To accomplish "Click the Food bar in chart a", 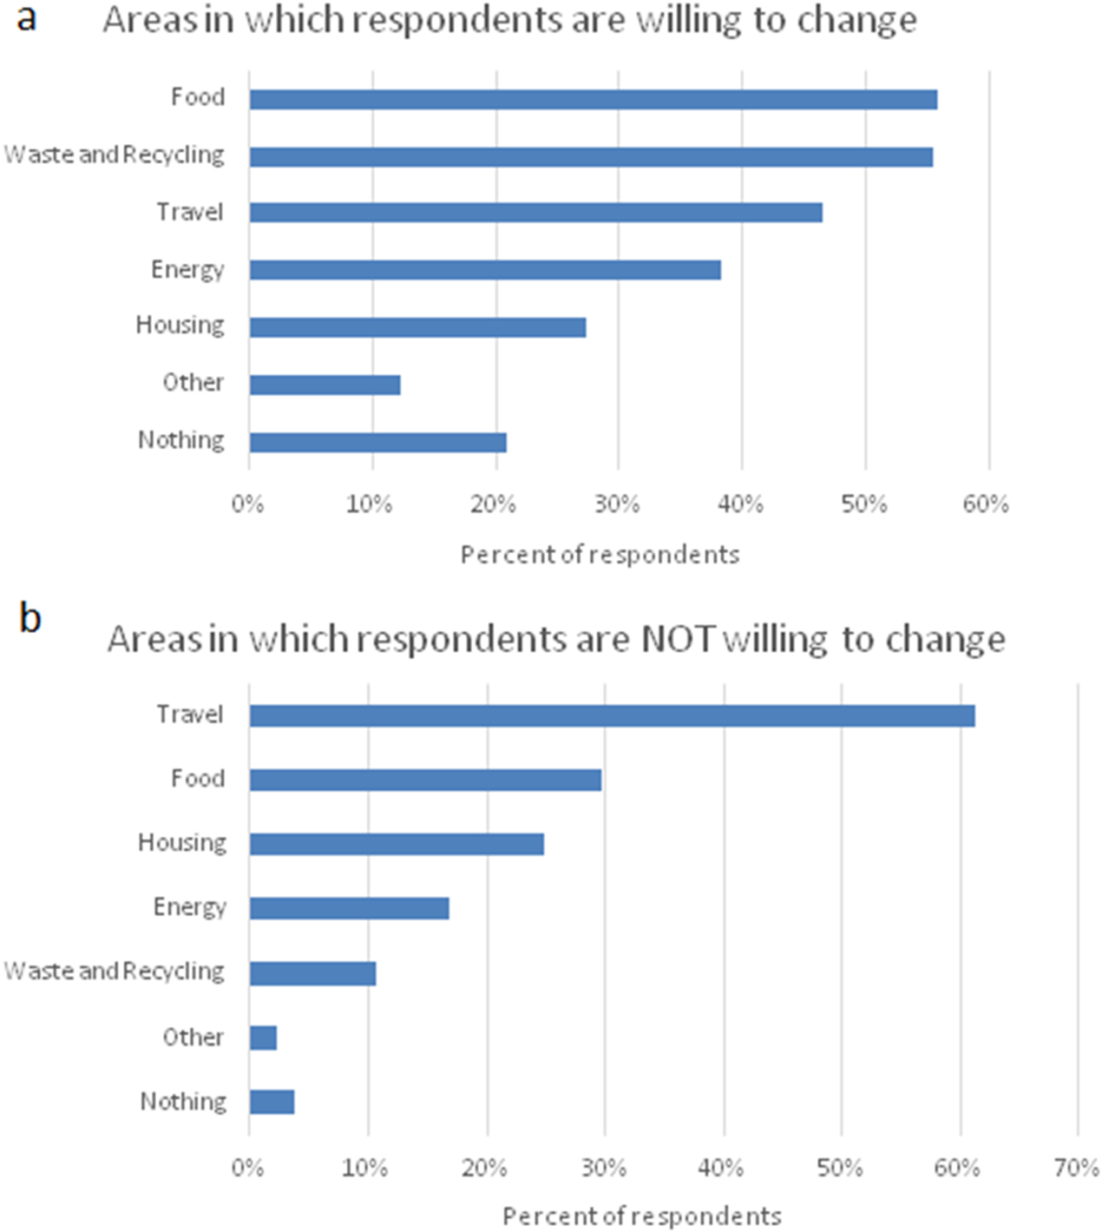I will [x=593, y=99].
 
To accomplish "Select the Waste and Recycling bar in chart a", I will [x=591, y=156].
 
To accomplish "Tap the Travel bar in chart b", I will [x=612, y=715].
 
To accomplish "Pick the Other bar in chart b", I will [x=263, y=1038].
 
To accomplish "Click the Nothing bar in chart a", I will [x=377, y=442].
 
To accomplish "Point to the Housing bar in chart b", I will [x=397, y=844].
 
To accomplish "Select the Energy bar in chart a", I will [x=485, y=270].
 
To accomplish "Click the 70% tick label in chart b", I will [x=1076, y=1168].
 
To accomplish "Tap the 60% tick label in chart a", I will [x=986, y=504].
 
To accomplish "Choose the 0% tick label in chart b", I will [x=247, y=1168].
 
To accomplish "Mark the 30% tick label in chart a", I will [x=616, y=504].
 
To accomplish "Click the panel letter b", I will [x=30, y=618].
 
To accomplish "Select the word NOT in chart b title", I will [x=678, y=639].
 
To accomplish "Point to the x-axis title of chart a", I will [x=600, y=555].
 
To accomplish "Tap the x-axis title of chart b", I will [x=642, y=1216].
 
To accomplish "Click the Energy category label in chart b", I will [x=189, y=907].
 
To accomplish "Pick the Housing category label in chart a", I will [x=180, y=326].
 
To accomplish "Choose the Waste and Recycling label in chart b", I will [x=114, y=972].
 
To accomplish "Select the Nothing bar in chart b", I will [x=272, y=1102].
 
